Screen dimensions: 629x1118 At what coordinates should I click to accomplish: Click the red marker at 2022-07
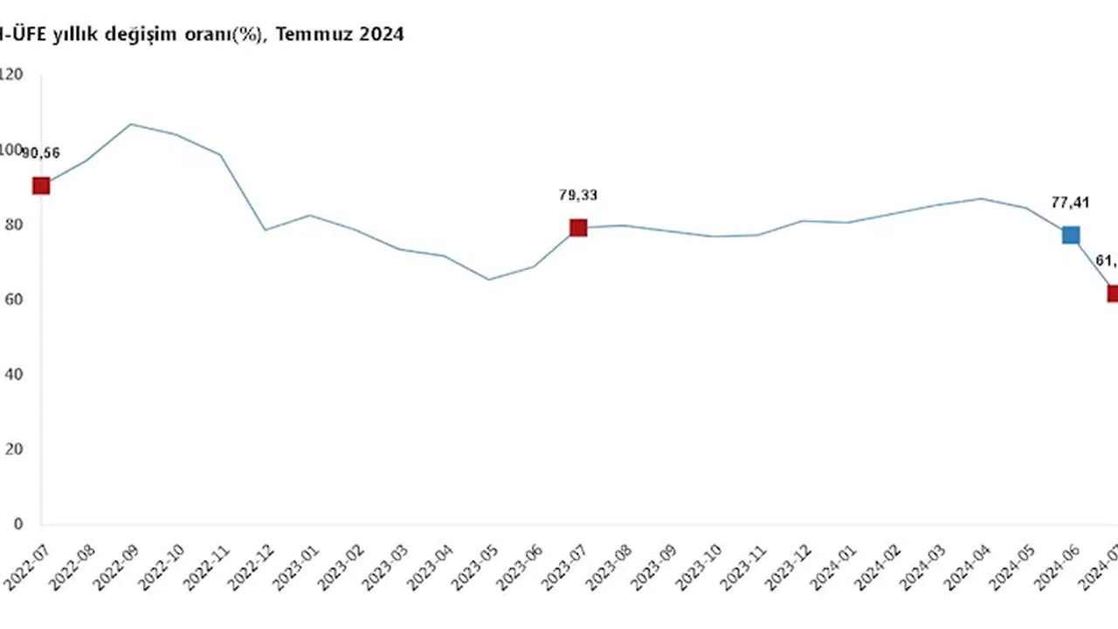(41, 185)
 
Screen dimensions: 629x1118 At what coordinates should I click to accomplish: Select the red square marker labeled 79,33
(578, 228)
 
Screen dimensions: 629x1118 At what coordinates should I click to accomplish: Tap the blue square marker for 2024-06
(1071, 235)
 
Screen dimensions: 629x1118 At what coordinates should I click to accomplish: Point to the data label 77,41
(1071, 202)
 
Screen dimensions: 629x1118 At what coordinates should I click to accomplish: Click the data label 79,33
(578, 195)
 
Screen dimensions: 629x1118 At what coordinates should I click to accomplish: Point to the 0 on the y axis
(17, 524)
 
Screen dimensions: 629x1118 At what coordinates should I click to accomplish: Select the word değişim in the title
(153, 36)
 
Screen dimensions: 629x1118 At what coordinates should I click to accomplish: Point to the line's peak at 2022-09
(131, 124)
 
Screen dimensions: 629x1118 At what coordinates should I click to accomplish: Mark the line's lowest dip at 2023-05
(489, 280)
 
